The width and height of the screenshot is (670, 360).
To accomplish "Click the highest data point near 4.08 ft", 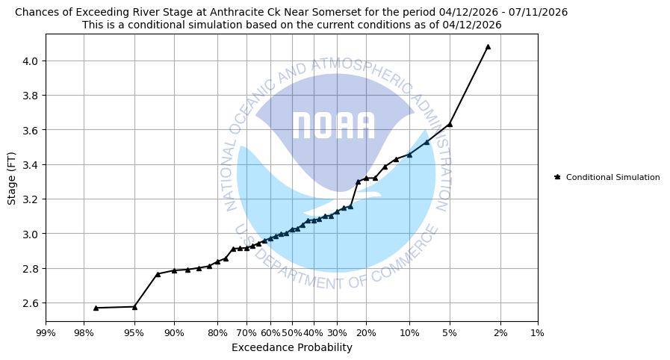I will [488, 46].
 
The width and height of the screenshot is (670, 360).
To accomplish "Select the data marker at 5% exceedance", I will [450, 124].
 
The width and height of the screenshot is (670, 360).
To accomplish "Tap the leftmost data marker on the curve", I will [96, 308].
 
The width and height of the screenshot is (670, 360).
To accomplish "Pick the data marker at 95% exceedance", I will [134, 306].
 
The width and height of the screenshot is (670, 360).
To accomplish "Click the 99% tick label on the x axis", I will [46, 332].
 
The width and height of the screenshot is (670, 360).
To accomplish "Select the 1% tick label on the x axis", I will [537, 332].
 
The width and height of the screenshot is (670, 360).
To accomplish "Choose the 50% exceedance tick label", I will [291, 332].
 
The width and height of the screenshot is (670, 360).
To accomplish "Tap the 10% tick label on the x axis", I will [409, 332].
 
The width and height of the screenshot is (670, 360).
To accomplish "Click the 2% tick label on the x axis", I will [500, 332].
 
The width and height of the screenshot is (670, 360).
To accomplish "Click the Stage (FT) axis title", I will [12, 177].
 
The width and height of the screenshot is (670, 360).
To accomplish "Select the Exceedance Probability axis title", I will [291, 347].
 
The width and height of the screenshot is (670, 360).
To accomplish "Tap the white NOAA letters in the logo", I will [333, 126].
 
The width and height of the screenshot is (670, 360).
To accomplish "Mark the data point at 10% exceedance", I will [409, 155].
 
